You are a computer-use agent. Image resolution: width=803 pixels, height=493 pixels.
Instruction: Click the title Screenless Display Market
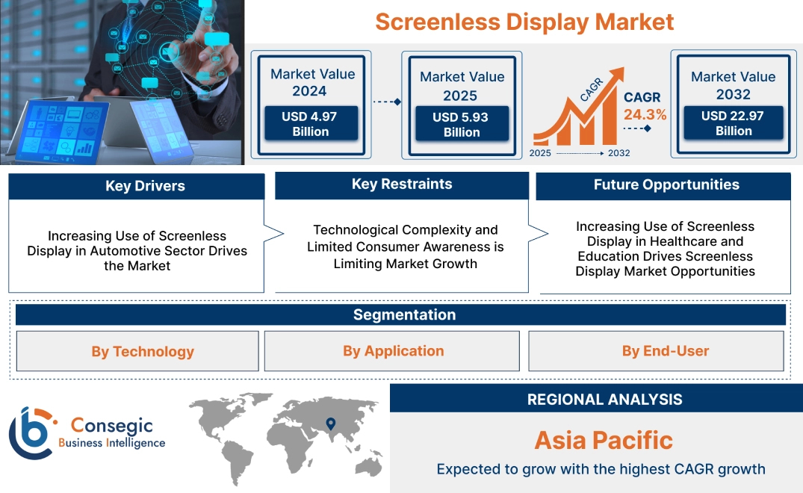coord(524,22)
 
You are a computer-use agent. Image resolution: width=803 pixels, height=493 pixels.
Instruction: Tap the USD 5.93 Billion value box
coord(462,124)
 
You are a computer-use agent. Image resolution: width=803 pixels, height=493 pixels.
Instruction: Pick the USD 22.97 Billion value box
coord(734,123)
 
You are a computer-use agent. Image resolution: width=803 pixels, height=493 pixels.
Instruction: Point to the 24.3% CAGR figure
coord(645,114)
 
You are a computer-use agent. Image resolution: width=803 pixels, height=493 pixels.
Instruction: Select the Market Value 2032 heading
coord(733,85)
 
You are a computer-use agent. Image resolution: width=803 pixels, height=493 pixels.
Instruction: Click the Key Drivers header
coord(137,186)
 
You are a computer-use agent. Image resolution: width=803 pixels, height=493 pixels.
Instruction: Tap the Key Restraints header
coord(402,185)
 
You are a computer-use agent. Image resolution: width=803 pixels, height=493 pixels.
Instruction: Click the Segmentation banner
coord(404,314)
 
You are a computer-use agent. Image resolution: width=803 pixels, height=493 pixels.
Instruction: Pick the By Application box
coord(393,351)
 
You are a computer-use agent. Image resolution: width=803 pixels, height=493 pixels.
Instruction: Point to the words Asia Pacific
coord(604,440)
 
